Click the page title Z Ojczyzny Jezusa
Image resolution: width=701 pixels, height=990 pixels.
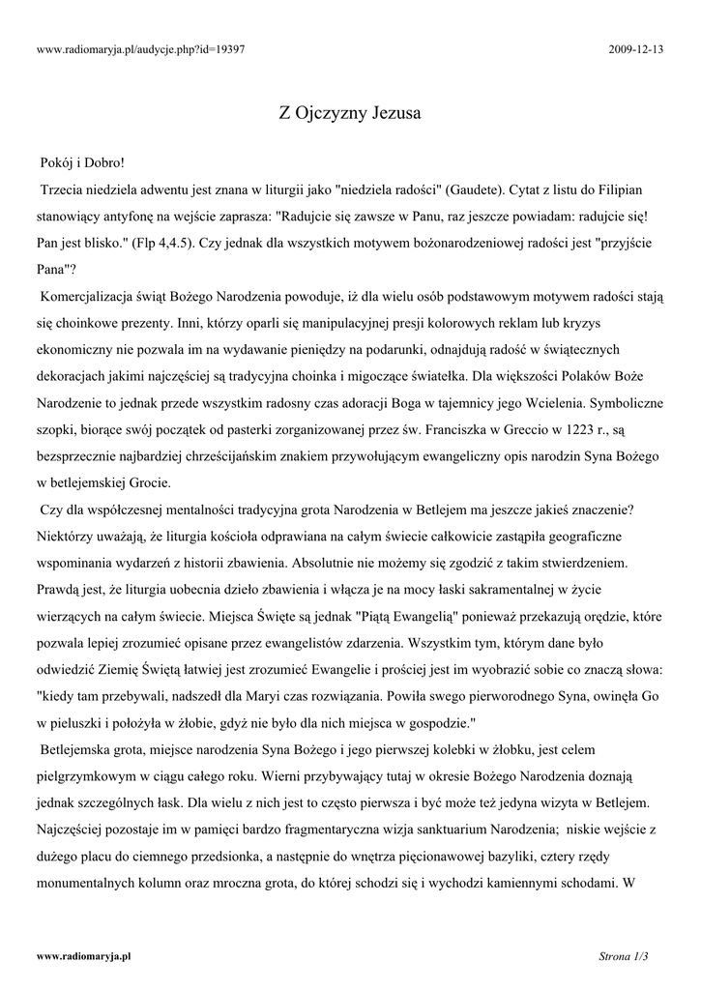coord(349,113)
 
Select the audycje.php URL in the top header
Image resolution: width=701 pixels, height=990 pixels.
coord(140,48)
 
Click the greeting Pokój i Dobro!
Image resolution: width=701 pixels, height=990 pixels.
coord(82,162)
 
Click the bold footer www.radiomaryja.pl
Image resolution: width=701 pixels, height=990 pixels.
coord(84,956)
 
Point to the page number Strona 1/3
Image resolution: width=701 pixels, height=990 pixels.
coord(623,956)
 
